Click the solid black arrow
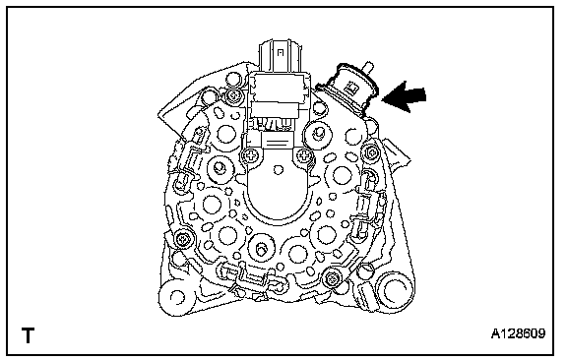coord(404,96)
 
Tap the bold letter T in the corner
coord(28,335)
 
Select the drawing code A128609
coord(518,333)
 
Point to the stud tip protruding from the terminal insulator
coord(368,67)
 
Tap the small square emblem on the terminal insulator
coord(351,87)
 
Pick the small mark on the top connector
coord(280,53)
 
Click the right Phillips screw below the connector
coord(304,156)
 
